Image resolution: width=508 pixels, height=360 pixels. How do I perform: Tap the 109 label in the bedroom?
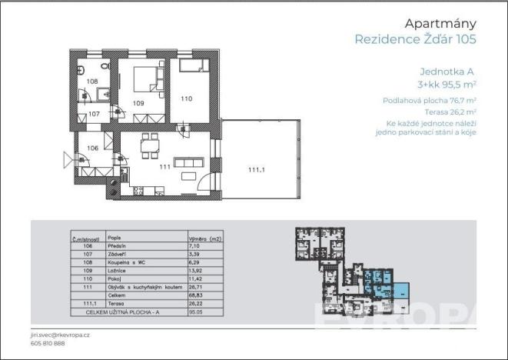pyautogui.click(x=138, y=102)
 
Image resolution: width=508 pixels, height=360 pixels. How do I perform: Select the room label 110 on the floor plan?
pyautogui.click(x=187, y=98)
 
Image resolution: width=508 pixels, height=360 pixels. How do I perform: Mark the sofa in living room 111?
pyautogui.click(x=188, y=163)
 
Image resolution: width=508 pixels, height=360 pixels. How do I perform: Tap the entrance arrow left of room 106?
pyautogui.click(x=66, y=160)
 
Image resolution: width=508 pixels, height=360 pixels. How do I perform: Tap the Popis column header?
pyautogui.click(x=115, y=238)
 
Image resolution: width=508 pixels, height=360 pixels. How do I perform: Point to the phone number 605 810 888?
pyautogui.click(x=48, y=345)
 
